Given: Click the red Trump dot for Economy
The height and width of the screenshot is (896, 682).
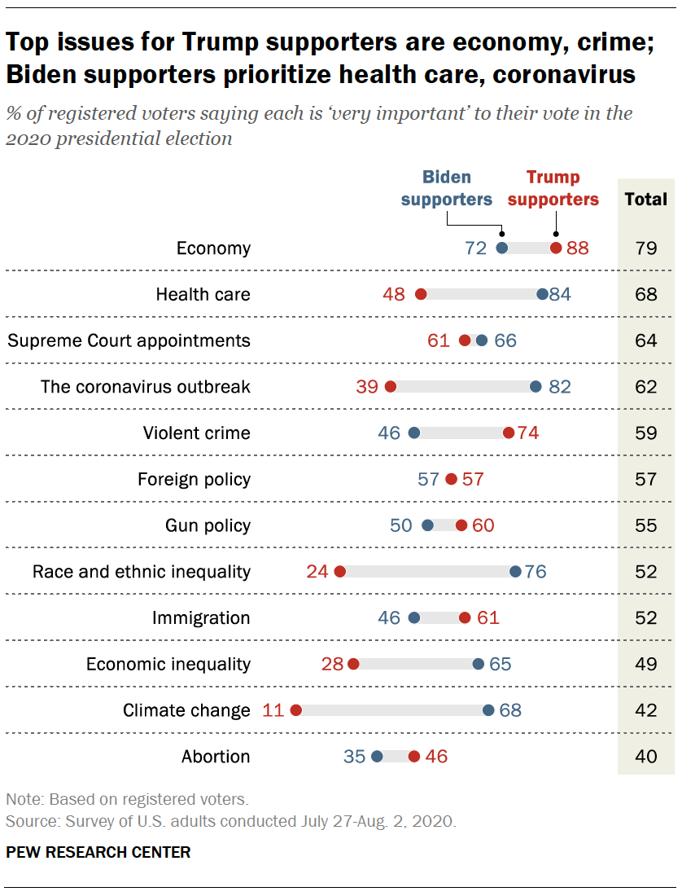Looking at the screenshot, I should tap(556, 248).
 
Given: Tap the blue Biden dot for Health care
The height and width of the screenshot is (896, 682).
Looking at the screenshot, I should tap(543, 294).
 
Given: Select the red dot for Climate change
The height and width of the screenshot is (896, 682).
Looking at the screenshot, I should tap(295, 710).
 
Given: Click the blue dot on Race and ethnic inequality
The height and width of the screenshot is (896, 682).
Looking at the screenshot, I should tap(515, 571).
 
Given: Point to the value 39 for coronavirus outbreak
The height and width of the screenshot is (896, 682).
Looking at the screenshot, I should tap(367, 387).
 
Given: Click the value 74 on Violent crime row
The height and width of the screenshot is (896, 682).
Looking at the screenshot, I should tap(528, 433).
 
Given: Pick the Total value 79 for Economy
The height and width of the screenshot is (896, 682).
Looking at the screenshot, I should tap(646, 248).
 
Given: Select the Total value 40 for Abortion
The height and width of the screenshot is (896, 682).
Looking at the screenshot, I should tap(646, 757).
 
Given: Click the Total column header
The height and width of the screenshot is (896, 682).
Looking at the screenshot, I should tap(646, 199).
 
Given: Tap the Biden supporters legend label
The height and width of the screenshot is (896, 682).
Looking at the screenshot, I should tap(447, 188).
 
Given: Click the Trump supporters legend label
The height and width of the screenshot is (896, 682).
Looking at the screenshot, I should tap(553, 188).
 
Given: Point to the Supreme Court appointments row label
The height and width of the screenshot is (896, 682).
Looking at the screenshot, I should tap(129, 340).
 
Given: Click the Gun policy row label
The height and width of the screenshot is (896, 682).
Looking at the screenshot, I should tap(208, 525).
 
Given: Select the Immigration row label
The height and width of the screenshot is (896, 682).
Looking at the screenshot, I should tap(201, 617).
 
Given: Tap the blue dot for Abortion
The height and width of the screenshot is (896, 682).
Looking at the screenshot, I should tap(377, 757).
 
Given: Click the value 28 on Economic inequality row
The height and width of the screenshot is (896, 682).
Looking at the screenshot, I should tap(333, 664).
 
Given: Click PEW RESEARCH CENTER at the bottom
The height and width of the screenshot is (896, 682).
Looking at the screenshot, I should tap(98, 853).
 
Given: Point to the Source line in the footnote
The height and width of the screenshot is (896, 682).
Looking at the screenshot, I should tap(231, 821).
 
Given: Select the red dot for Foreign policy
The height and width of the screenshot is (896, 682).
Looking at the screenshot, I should tap(452, 479).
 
